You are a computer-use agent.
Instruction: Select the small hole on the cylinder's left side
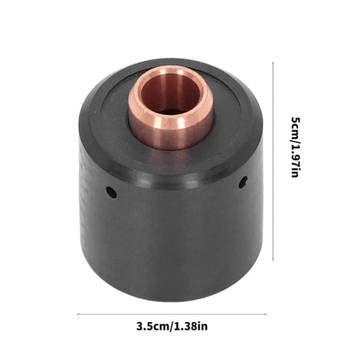tap(111, 193)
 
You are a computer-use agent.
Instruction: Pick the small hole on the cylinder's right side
tap(243, 182)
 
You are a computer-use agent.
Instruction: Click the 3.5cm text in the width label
tap(153, 326)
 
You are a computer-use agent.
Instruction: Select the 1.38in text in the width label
tap(191, 326)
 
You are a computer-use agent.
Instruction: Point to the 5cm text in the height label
tap(296, 128)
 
